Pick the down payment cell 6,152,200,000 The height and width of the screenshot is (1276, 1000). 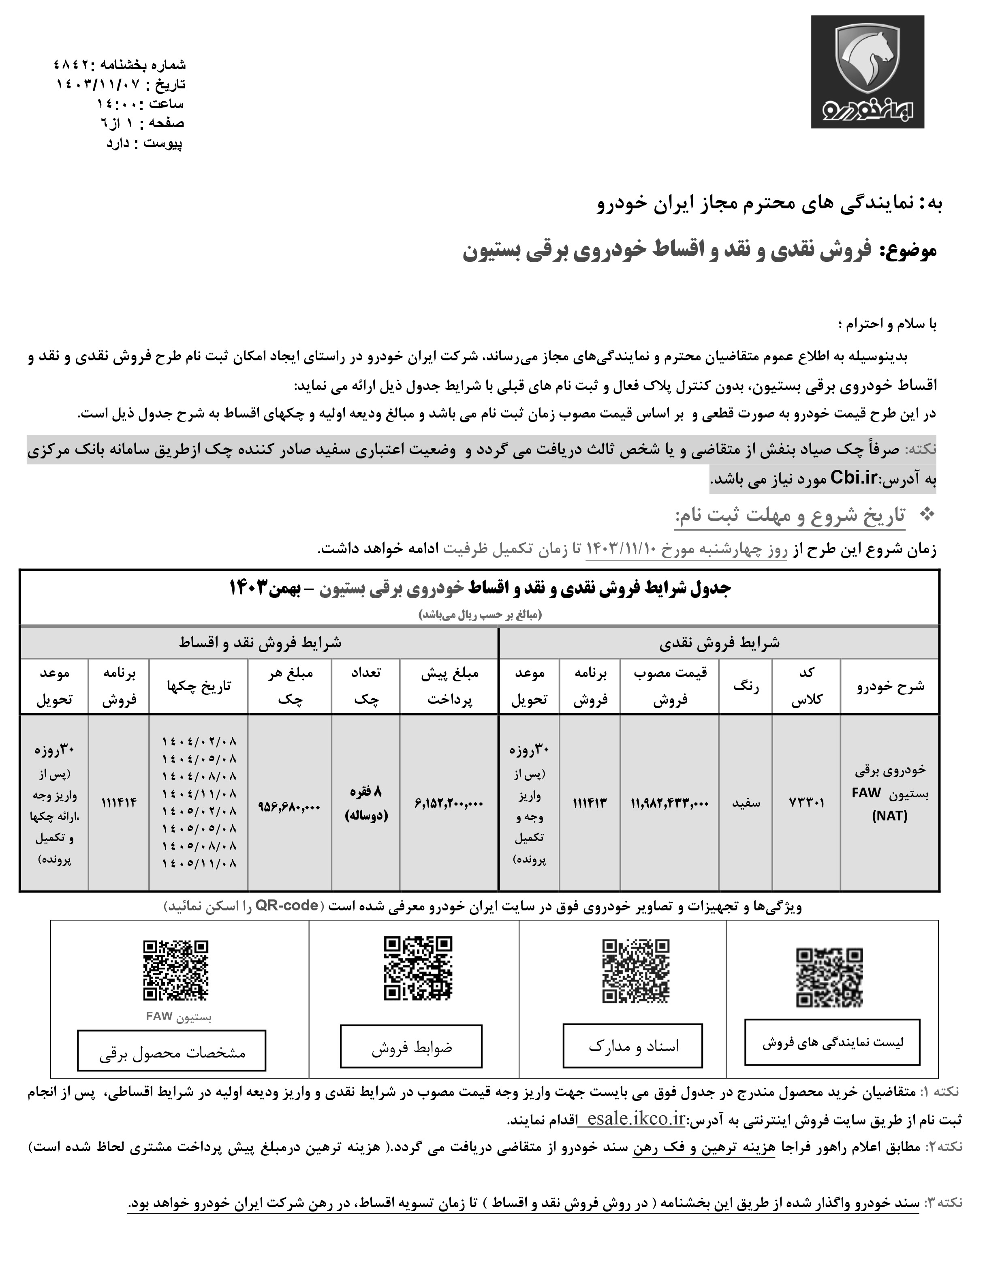tap(450, 803)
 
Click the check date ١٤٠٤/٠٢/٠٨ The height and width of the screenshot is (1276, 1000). tap(199, 741)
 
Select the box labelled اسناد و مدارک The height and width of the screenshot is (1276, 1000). tap(632, 1045)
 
